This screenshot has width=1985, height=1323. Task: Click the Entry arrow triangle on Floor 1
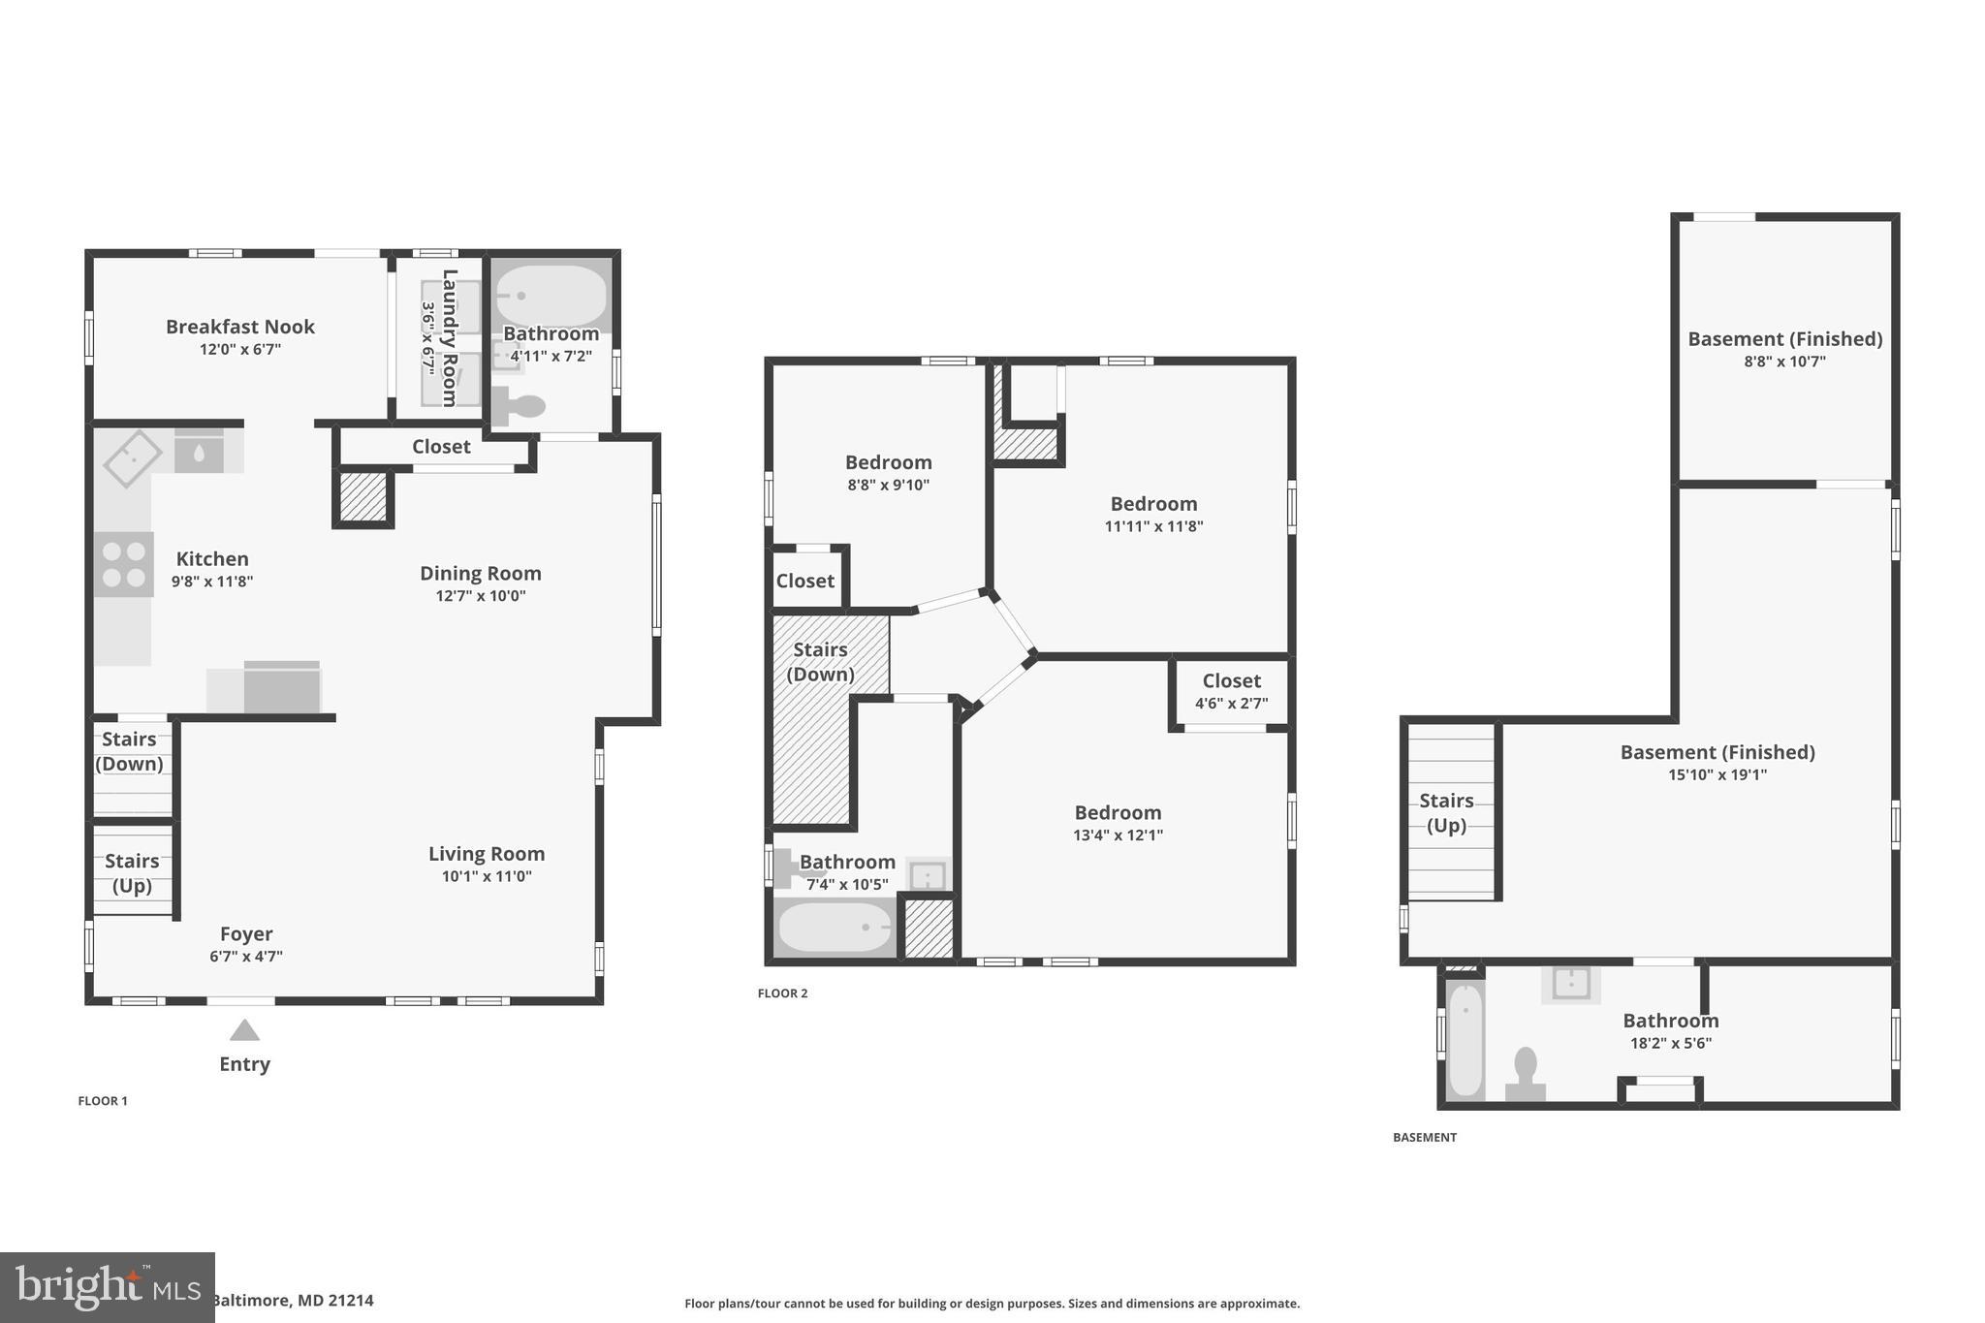[x=244, y=1030]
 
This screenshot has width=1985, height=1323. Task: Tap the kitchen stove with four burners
[x=124, y=564]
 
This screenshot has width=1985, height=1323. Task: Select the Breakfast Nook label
[x=239, y=327]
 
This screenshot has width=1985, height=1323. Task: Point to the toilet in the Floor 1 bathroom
[x=519, y=404]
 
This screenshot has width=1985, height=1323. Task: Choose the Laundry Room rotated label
[x=449, y=337]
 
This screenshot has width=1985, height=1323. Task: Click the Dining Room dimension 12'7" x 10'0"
[x=481, y=596]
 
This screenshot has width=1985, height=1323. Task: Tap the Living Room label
[x=487, y=854]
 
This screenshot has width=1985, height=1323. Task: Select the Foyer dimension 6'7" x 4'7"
[x=246, y=957]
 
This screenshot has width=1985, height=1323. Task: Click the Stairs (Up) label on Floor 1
[x=132, y=872]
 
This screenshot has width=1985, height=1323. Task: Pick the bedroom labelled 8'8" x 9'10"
[x=888, y=472]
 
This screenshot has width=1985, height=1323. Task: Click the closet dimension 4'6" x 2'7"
[x=1231, y=704]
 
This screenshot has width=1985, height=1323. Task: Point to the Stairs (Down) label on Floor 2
[x=820, y=662]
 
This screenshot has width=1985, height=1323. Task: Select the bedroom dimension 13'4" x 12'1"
[x=1118, y=835]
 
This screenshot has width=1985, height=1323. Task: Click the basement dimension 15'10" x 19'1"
[x=1717, y=775]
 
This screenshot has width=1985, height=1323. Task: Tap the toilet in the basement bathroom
[x=1526, y=1073]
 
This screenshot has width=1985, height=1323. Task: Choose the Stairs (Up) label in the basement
[x=1446, y=812]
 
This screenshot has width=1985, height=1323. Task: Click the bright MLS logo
[x=107, y=1287]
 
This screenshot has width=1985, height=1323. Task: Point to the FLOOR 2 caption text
[x=782, y=993]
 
